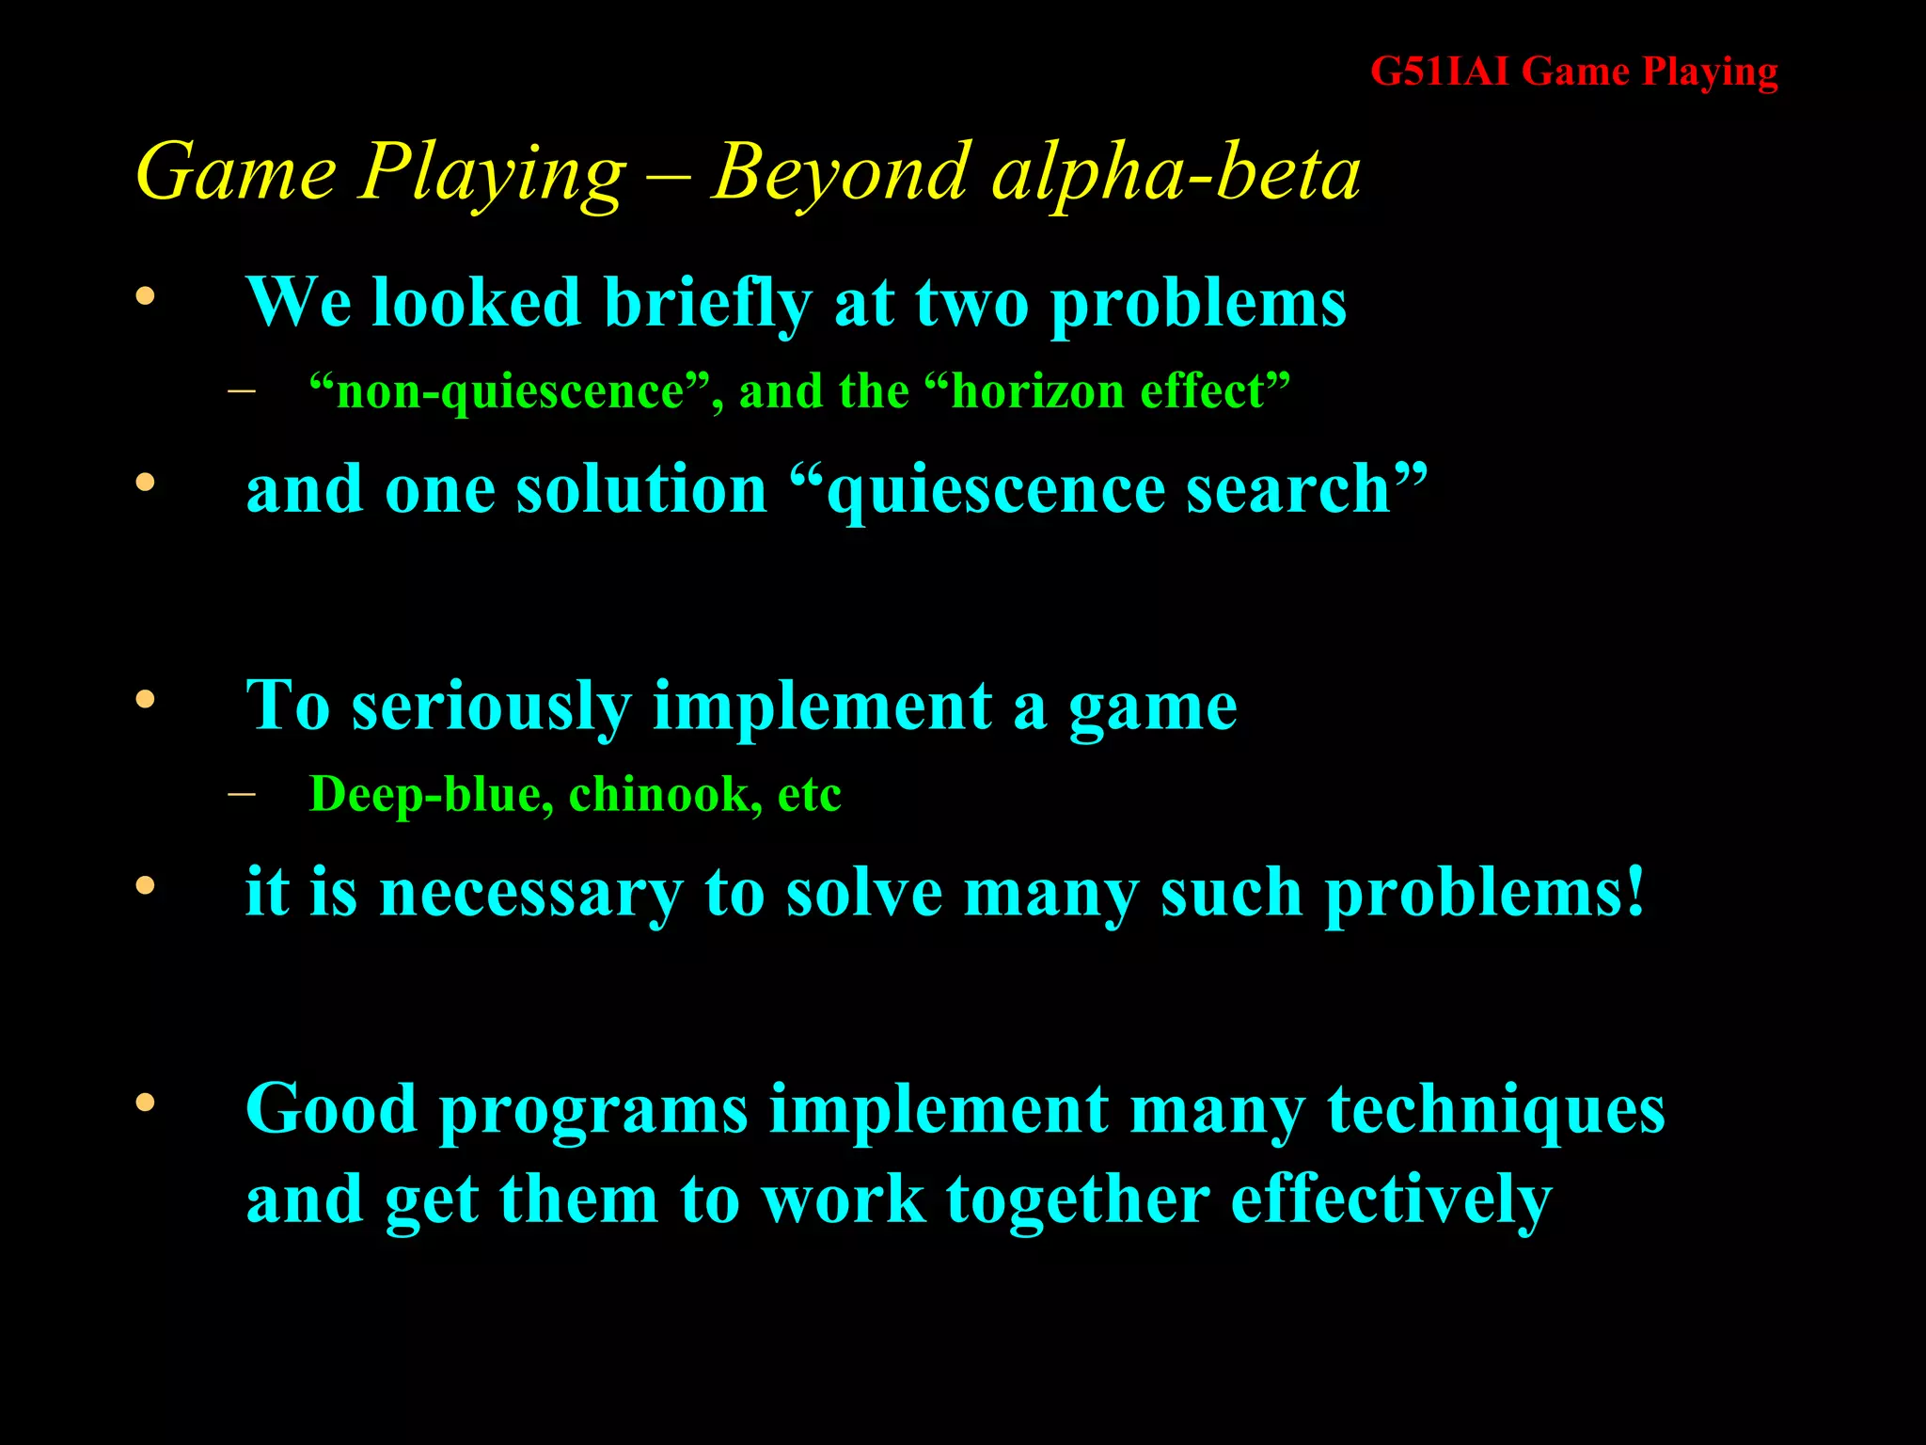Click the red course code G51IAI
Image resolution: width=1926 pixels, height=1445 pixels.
pyautogui.click(x=1439, y=71)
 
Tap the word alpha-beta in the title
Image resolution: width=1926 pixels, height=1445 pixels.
pyautogui.click(x=1176, y=172)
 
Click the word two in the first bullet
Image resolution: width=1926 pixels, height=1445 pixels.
pyautogui.click(x=971, y=303)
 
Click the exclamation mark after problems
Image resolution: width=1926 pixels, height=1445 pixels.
pyautogui.click(x=1634, y=890)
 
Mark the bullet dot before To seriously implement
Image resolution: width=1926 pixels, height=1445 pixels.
pyautogui.click(x=145, y=700)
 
